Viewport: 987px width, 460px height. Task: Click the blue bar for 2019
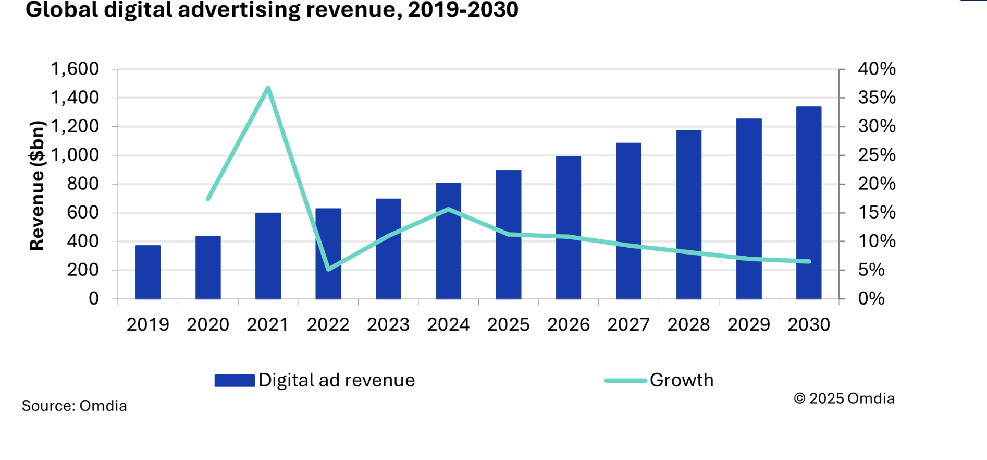tap(148, 272)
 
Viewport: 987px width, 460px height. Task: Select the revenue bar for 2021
tap(268, 256)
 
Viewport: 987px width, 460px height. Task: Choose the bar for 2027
tap(628, 221)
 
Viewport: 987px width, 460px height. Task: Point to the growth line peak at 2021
tap(268, 88)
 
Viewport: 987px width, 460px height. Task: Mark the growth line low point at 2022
tap(328, 269)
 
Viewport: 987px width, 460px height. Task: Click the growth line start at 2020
tap(208, 199)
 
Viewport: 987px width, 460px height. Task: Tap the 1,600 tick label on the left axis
tap(75, 69)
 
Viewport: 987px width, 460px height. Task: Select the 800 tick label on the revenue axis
tap(82, 184)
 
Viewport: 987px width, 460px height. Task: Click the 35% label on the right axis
tap(877, 98)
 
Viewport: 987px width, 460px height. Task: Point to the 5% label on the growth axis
tap(871, 270)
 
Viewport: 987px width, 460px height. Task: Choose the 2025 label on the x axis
tap(508, 324)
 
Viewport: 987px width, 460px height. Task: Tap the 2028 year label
tap(688, 324)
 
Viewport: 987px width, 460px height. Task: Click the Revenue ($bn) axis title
tap(37, 185)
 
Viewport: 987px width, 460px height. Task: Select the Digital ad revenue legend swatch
tap(235, 381)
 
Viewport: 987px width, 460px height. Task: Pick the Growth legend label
tap(681, 380)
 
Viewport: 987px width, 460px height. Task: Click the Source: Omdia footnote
tap(74, 406)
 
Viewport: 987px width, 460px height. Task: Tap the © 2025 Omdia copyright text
tap(844, 398)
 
